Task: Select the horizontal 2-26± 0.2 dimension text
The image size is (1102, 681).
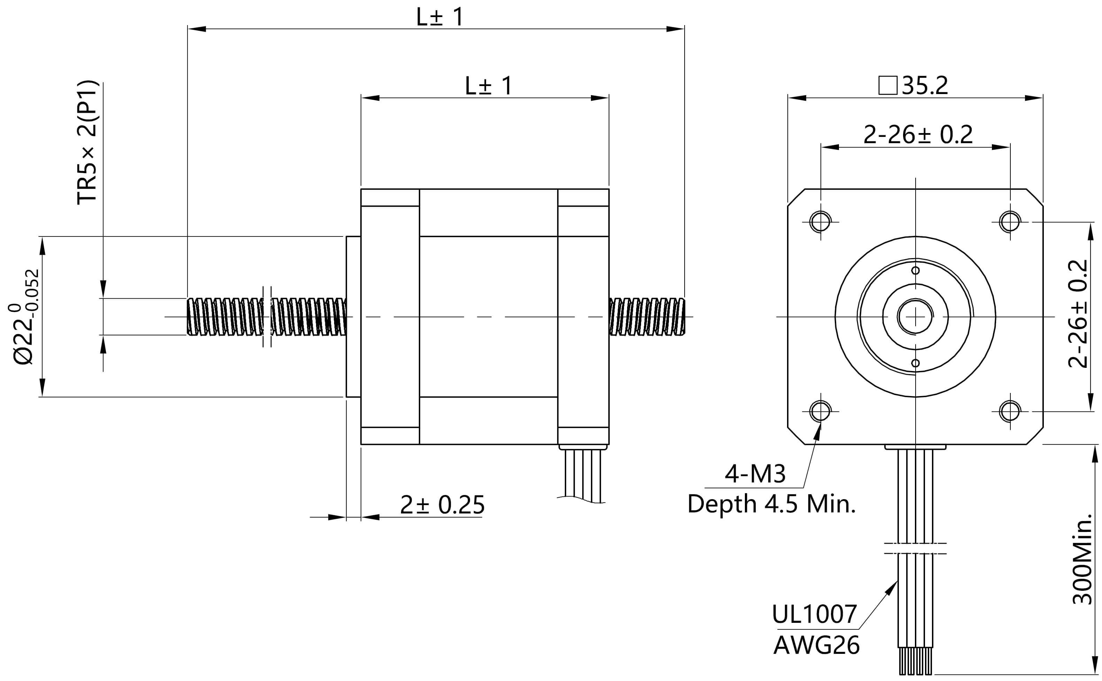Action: (x=918, y=134)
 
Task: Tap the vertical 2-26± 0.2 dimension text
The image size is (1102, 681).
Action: (x=1078, y=314)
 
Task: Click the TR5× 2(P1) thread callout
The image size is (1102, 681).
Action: (x=87, y=142)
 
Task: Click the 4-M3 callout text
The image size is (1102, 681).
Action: (x=755, y=474)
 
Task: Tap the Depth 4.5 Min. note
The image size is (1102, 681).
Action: (x=771, y=504)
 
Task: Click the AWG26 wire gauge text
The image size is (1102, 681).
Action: (x=816, y=645)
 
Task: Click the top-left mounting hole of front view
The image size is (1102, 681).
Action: (x=820, y=222)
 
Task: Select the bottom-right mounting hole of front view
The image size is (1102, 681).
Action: (x=1010, y=411)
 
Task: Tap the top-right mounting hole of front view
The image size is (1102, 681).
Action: (x=1010, y=222)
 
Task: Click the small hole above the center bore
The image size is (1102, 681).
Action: (x=915, y=271)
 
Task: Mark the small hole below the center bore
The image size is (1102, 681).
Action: (x=915, y=363)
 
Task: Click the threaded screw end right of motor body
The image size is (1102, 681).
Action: (x=647, y=317)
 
